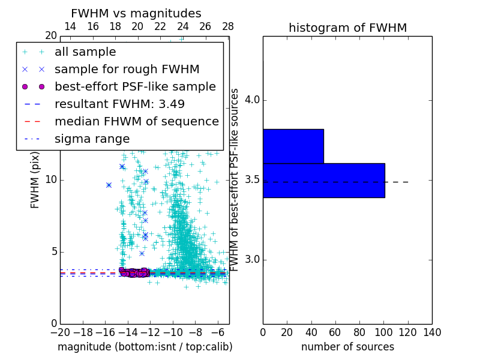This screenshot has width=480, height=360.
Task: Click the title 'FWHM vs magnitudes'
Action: pos(136,13)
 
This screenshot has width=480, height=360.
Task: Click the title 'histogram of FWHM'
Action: pos(347,28)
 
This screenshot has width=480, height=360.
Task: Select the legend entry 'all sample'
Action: pos(85,52)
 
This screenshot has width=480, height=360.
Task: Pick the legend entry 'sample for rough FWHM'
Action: pos(127,70)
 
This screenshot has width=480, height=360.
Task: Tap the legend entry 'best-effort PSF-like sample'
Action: pos(135,87)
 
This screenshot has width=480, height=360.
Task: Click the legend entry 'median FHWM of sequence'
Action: pos(136,122)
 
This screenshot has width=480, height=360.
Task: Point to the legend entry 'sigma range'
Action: pos(92,139)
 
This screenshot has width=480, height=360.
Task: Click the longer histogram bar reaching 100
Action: pos(323,180)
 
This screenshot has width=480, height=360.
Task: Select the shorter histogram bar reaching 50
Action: pos(293,146)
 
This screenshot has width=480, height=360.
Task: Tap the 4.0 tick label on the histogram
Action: pos(246,100)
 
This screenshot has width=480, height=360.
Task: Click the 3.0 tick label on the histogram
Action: pos(246,260)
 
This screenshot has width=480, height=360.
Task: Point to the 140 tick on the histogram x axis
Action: pos(432,332)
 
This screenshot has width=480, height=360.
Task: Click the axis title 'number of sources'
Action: pos(347,347)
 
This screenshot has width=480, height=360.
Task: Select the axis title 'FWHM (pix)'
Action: pos(35,180)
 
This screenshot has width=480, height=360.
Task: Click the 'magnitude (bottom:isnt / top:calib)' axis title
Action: pos(145,347)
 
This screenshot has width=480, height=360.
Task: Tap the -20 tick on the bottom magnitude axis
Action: pos(60,332)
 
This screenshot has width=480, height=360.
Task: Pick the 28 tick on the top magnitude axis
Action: pos(228,26)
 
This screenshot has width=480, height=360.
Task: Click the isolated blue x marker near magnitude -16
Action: pos(109,185)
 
